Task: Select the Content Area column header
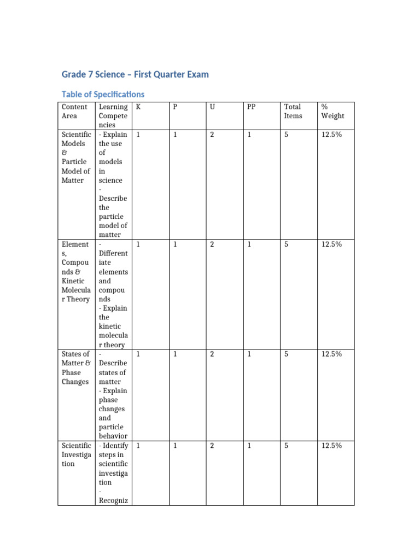click(75, 111)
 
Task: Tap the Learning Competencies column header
click(113, 115)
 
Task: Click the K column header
click(138, 107)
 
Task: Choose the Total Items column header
click(293, 111)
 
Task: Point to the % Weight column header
click(332, 111)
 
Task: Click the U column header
click(212, 107)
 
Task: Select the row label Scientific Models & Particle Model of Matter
click(76, 157)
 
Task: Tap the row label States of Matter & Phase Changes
click(76, 367)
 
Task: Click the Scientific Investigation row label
click(76, 454)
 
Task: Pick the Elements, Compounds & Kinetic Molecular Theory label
click(76, 272)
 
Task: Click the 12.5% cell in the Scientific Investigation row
click(332, 446)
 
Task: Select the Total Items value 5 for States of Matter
click(286, 354)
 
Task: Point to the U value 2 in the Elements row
click(212, 244)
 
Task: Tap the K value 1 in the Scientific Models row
click(138, 135)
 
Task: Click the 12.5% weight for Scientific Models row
click(332, 135)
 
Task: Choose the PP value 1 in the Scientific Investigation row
click(249, 446)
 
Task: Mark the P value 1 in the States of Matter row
click(175, 354)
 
